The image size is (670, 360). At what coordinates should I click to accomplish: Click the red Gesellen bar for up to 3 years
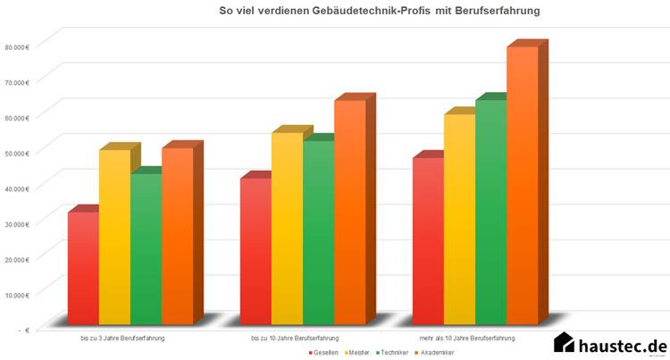(x=83, y=268)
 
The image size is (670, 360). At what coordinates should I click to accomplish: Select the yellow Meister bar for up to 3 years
(x=114, y=237)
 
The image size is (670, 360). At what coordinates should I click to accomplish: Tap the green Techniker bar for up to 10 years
(x=318, y=232)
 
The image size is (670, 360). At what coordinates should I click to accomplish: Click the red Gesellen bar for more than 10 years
(x=428, y=241)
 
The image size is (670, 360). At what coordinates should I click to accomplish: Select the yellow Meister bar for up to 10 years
(x=287, y=228)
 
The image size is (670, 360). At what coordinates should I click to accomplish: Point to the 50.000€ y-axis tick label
(x=17, y=152)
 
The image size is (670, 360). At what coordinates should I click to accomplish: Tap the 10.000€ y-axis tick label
(x=17, y=293)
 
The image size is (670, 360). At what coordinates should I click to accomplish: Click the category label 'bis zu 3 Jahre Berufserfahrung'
(x=121, y=339)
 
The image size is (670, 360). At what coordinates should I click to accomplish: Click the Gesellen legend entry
(x=324, y=353)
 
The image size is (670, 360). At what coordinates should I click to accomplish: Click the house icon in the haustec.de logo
(x=564, y=343)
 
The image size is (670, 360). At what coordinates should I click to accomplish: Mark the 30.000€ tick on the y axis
(x=17, y=222)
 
